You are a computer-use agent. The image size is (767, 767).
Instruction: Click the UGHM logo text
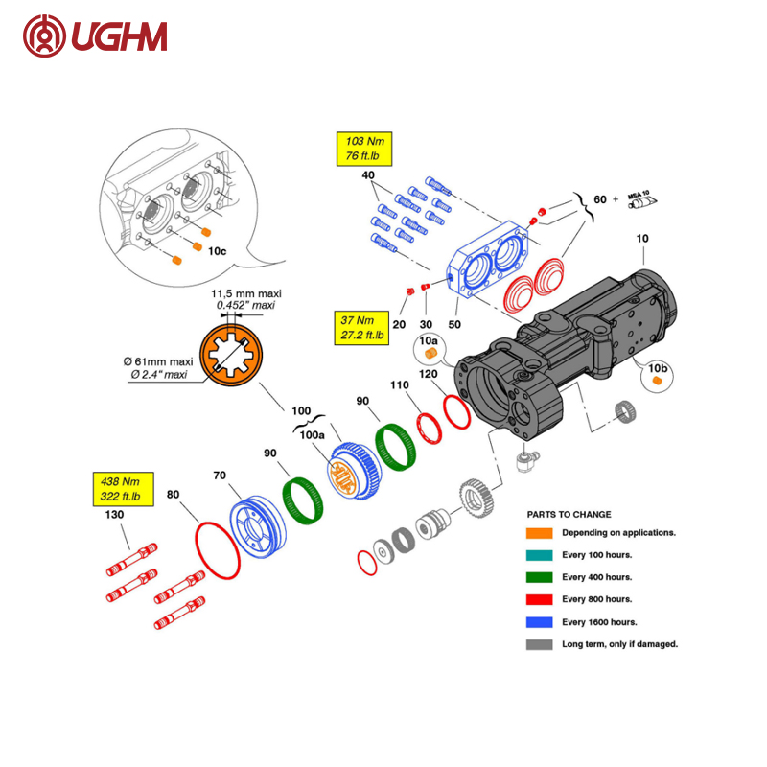(119, 36)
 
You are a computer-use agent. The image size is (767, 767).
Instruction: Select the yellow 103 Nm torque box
(364, 149)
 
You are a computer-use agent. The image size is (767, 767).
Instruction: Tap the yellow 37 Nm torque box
(361, 328)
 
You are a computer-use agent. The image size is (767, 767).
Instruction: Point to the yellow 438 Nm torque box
(124, 489)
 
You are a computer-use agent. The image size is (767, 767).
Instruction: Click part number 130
(114, 514)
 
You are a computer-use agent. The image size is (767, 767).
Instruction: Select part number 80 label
(174, 495)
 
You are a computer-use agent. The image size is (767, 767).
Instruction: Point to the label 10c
(218, 251)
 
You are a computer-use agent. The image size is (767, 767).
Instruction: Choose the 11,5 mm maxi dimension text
(246, 293)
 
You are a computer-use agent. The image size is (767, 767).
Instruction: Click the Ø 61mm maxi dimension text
(158, 361)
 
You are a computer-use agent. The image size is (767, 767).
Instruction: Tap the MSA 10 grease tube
(642, 200)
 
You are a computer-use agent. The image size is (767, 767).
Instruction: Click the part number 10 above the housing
(642, 238)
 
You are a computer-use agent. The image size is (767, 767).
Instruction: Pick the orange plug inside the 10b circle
(657, 380)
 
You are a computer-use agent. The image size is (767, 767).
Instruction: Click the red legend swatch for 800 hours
(539, 599)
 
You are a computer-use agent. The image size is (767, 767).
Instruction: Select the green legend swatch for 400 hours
(539, 577)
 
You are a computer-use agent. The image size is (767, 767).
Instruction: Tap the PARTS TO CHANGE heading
(569, 514)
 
